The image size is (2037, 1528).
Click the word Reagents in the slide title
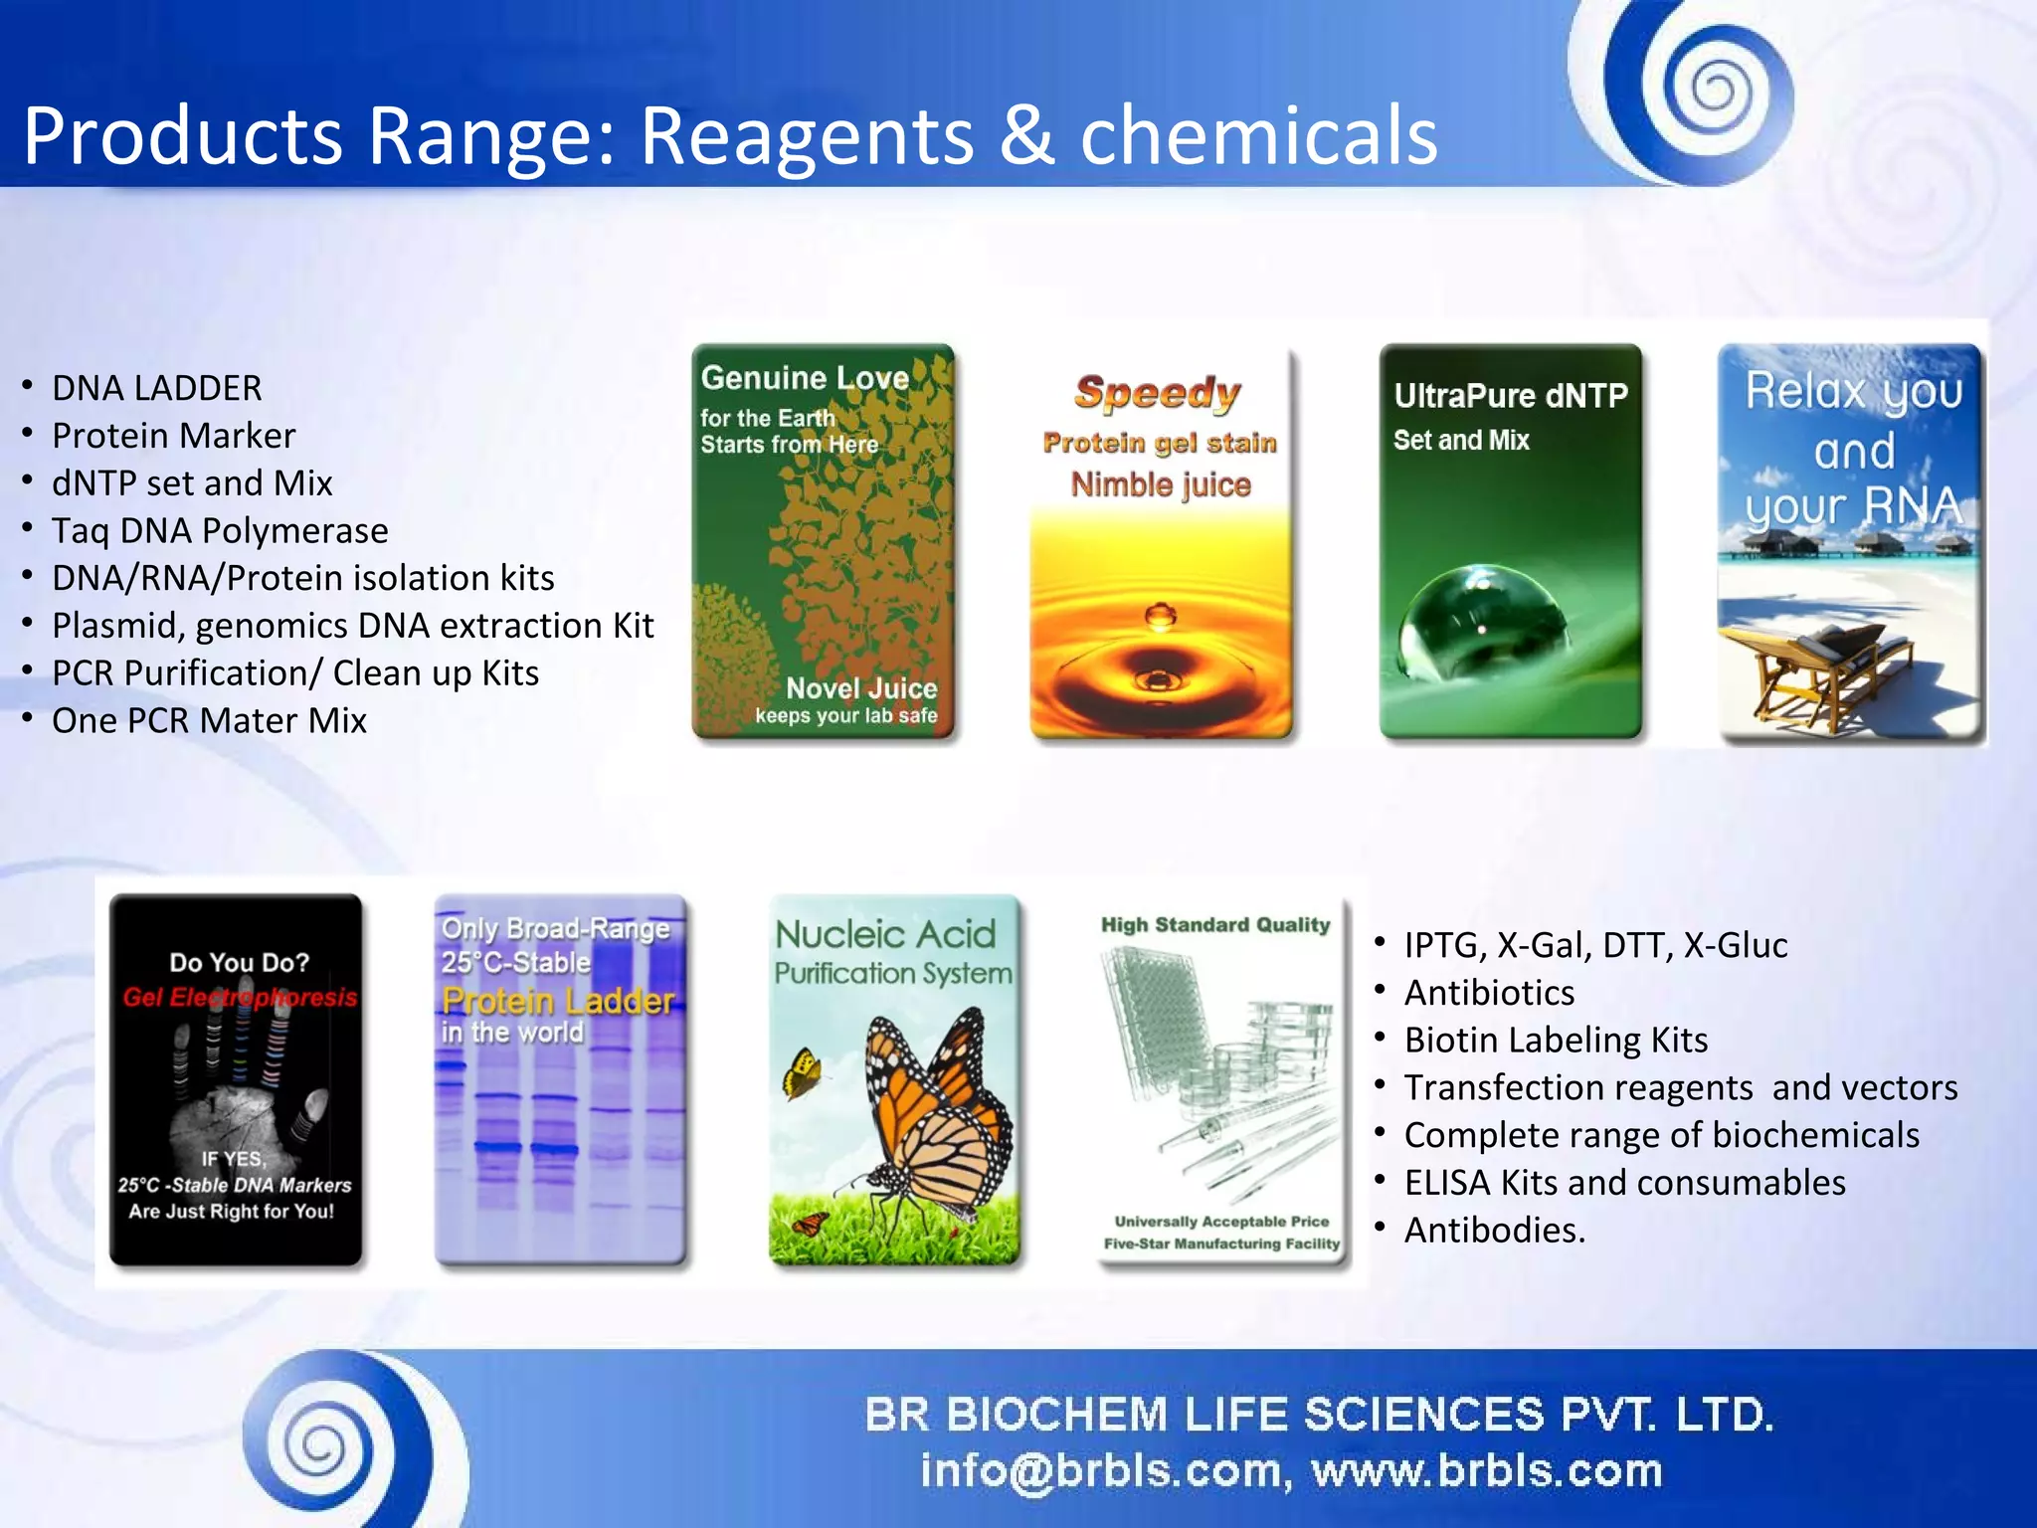coord(806,137)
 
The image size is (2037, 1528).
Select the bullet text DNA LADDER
coord(156,388)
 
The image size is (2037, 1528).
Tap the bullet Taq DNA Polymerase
coord(220,530)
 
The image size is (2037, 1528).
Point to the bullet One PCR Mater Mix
coord(209,720)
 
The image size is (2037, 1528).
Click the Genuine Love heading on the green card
coord(804,378)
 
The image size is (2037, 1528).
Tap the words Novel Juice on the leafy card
coord(861,688)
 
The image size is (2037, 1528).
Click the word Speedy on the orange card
coord(1158,393)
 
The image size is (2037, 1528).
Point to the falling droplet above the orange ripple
coord(1160,616)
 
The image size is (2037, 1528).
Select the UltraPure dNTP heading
coord(1510,396)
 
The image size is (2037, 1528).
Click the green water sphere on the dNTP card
coord(1482,622)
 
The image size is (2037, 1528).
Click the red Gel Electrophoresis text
coord(240,997)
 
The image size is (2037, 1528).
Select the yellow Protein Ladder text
coord(557,1000)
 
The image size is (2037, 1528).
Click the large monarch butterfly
coord(930,1114)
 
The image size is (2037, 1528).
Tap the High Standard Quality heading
coord(1214,925)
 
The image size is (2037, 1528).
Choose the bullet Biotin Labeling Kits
coord(1556,1040)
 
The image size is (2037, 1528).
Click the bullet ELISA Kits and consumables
coord(1624,1183)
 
